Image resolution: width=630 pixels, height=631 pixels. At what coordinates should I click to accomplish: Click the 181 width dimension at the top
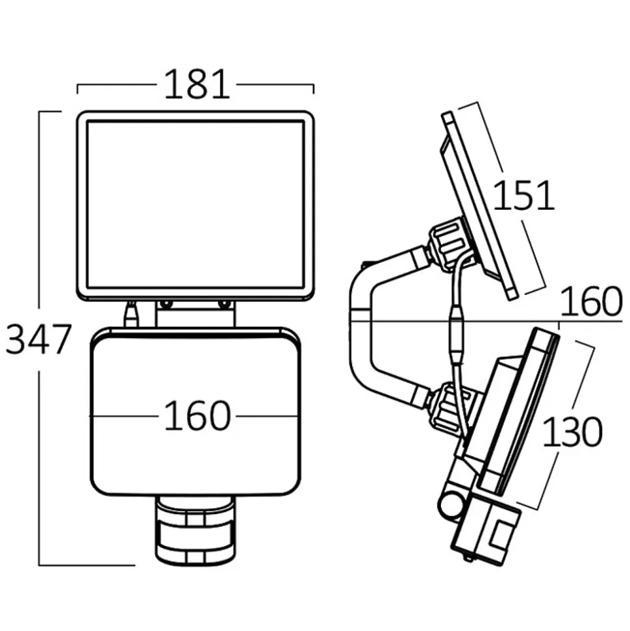pyautogui.click(x=196, y=85)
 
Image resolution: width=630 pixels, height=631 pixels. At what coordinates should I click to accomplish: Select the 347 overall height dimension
pyautogui.click(x=37, y=339)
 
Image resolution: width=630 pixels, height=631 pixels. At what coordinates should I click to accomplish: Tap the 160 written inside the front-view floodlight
pyautogui.click(x=196, y=417)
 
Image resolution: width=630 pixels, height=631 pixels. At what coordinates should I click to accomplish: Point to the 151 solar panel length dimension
pyautogui.click(x=523, y=196)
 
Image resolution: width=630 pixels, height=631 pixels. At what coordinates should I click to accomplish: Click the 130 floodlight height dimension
pyautogui.click(x=572, y=432)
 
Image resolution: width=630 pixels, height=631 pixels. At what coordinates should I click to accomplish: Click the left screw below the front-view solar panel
pyautogui.click(x=166, y=304)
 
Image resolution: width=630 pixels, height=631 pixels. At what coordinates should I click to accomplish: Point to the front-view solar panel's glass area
pyautogui.click(x=195, y=205)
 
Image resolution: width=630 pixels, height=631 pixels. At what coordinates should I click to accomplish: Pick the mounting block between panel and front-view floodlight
pyautogui.click(x=195, y=315)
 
